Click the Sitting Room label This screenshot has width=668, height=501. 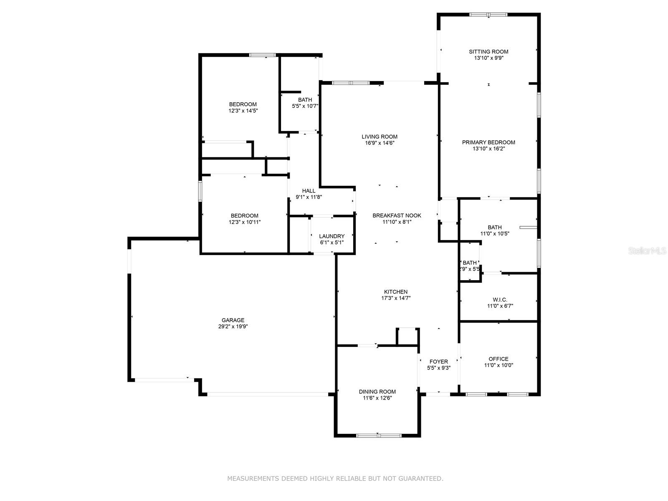[x=488, y=52]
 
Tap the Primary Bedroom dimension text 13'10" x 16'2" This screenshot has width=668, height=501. [x=488, y=149]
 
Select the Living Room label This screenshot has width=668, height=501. [x=380, y=137]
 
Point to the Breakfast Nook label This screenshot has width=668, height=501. [x=397, y=215]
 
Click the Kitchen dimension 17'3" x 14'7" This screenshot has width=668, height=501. [x=396, y=298]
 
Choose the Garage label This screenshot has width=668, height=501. [x=233, y=320]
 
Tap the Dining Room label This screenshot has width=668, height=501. [x=377, y=392]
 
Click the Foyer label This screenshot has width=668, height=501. [x=438, y=362]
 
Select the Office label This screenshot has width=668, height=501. [x=498, y=359]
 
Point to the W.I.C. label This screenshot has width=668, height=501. [x=500, y=300]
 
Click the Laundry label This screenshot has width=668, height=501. [x=332, y=236]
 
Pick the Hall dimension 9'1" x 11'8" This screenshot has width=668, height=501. [x=309, y=197]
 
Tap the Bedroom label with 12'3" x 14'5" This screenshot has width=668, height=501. [x=243, y=104]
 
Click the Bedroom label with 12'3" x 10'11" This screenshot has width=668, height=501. [x=244, y=216]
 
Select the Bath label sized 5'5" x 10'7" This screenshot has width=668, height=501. [x=305, y=100]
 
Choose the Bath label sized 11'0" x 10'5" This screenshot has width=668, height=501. [x=495, y=227]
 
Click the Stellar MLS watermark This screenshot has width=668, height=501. [x=647, y=250]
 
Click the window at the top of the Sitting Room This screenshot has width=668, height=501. [x=488, y=14]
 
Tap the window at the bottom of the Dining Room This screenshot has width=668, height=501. [x=379, y=435]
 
